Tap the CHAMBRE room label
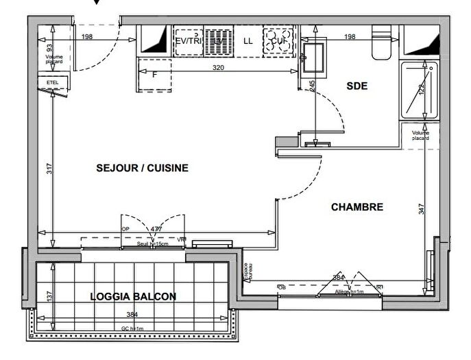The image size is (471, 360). pyautogui.click(x=357, y=207)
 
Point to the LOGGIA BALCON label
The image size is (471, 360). pyautogui.click(x=133, y=297)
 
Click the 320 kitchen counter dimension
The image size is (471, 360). pyautogui.click(x=219, y=69)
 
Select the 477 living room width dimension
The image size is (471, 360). pyautogui.click(x=156, y=230)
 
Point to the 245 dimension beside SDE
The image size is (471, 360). pyautogui.click(x=312, y=86)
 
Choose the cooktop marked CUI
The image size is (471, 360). pyautogui.click(x=278, y=40)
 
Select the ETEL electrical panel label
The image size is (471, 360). pyautogui.click(x=52, y=82)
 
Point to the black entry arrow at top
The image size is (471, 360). pyautogui.click(x=96, y=3)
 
